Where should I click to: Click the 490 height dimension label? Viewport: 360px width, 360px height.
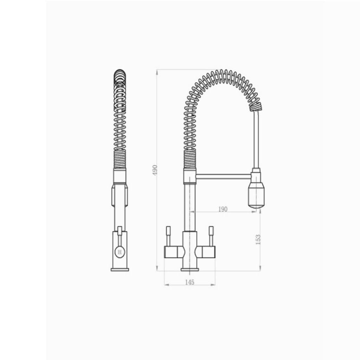click(155, 170)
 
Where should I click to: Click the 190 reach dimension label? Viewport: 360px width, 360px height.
click(223, 209)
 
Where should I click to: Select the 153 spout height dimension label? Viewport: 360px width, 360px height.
click(258, 239)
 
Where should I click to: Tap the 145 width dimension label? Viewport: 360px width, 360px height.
click(189, 282)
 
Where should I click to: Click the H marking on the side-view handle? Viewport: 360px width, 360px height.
click(120, 252)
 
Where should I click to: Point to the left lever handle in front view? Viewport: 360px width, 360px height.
click(168, 236)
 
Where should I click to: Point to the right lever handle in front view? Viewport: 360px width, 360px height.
click(211, 236)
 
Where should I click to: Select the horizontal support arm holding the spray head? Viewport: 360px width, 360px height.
click(224, 176)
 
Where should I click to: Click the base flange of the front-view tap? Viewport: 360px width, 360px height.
click(189, 270)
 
